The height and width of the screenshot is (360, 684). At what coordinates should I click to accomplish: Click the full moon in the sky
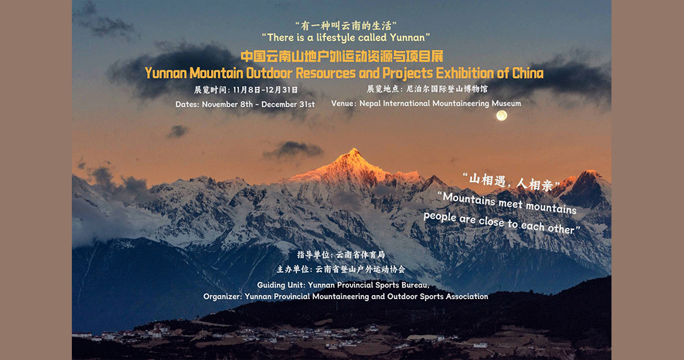[x=501, y=116]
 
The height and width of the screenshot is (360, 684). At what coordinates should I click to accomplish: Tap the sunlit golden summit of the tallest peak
[x=352, y=153]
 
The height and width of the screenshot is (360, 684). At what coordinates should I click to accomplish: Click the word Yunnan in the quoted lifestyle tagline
[x=407, y=38]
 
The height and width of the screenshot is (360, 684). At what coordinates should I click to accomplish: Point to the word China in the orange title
[x=528, y=73]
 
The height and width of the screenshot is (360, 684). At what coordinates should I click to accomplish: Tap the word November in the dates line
[x=220, y=105]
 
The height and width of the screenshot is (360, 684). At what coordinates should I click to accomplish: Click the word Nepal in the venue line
[x=370, y=104]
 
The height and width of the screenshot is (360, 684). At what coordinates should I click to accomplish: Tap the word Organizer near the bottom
[x=222, y=297]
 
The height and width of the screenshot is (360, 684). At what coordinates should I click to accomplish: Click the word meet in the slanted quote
[x=510, y=203]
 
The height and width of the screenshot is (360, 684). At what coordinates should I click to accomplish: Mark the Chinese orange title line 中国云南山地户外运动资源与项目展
[x=342, y=57]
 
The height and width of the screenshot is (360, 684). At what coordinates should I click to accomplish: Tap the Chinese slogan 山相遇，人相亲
[x=511, y=181]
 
